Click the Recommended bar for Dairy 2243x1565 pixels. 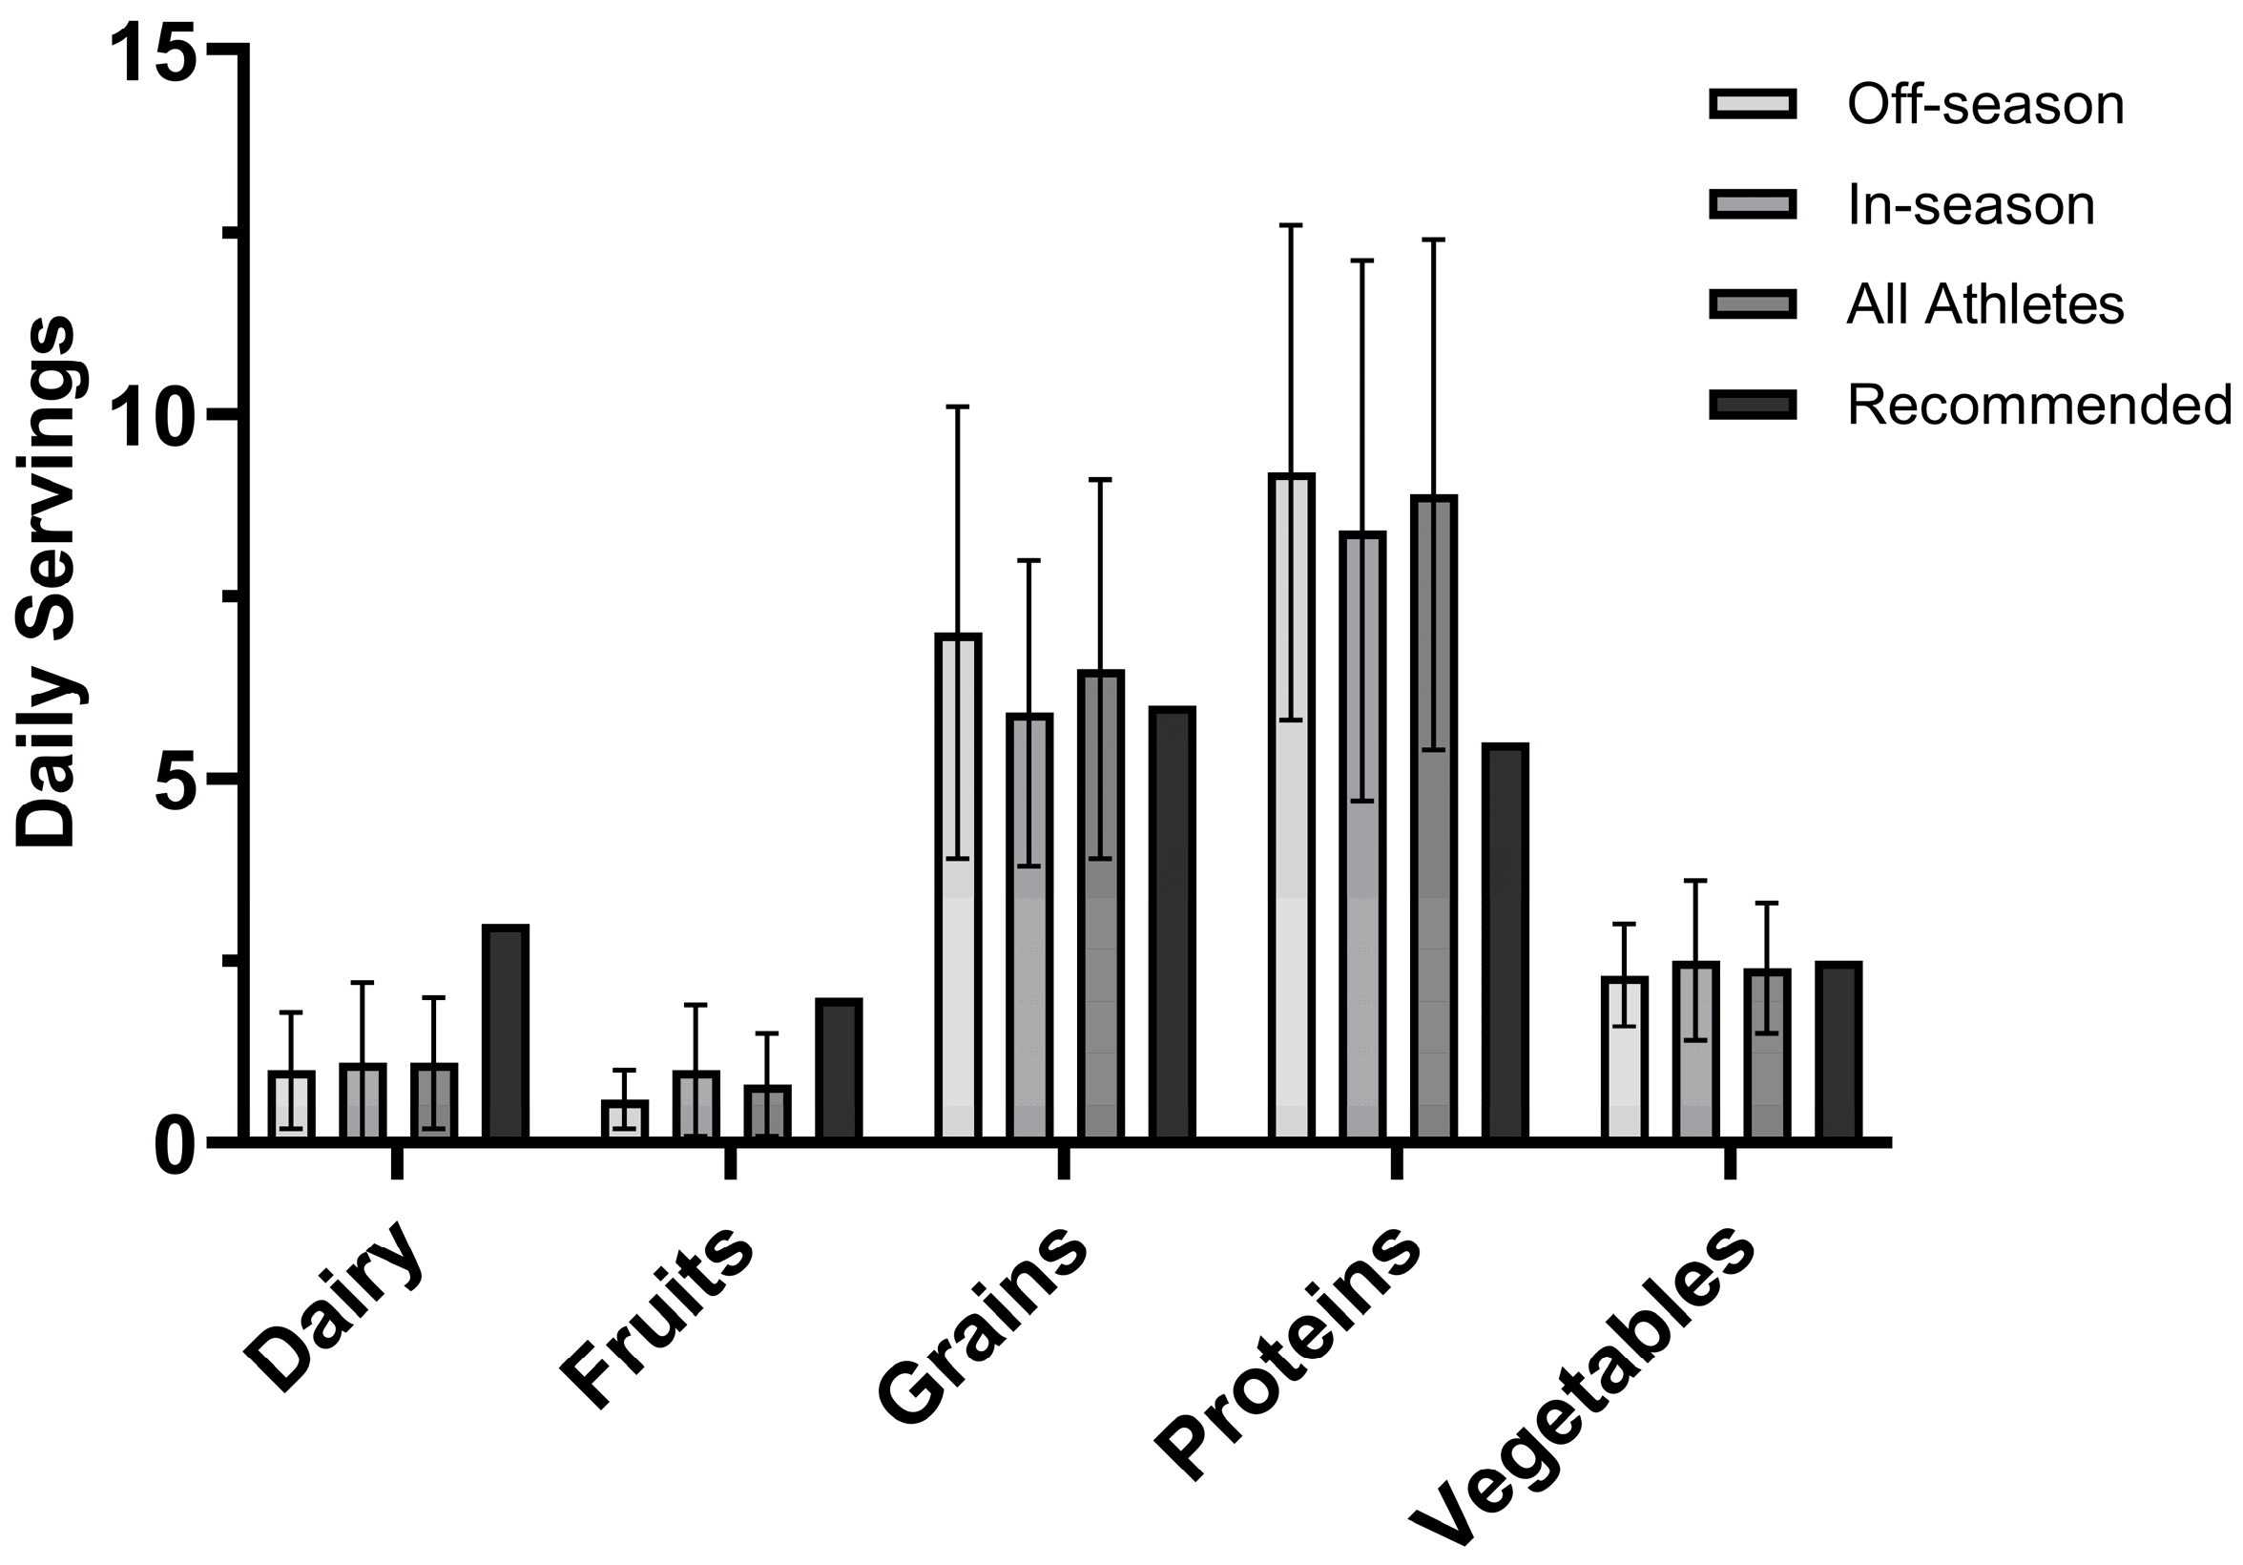(506, 1032)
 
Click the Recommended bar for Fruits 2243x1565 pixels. (840, 1069)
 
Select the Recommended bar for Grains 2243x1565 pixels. (1173, 923)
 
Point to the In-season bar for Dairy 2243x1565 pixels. (363, 1101)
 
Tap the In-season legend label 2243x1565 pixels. (1970, 206)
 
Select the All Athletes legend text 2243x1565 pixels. (1985, 304)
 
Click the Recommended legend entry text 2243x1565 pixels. (2039, 405)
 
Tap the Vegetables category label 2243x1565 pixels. (1583, 1397)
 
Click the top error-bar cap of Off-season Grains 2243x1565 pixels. (957, 407)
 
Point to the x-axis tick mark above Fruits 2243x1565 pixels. (731, 1162)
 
